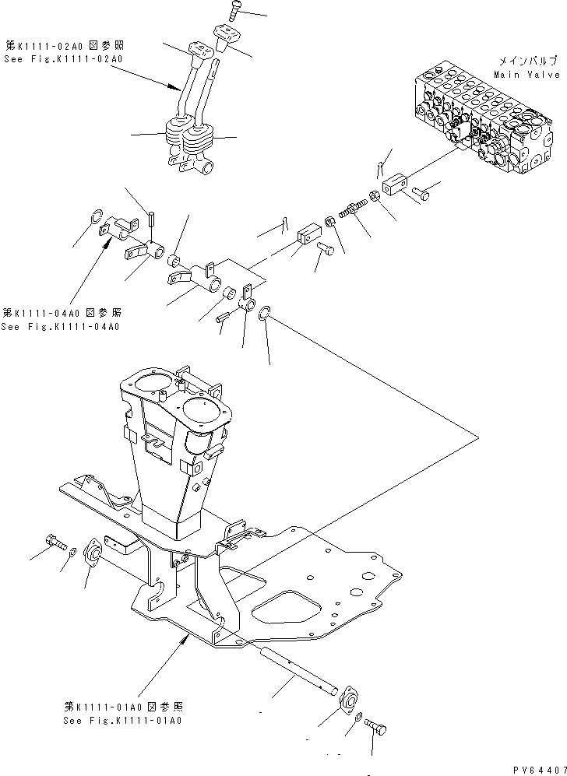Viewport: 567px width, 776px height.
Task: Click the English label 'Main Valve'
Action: (x=526, y=75)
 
